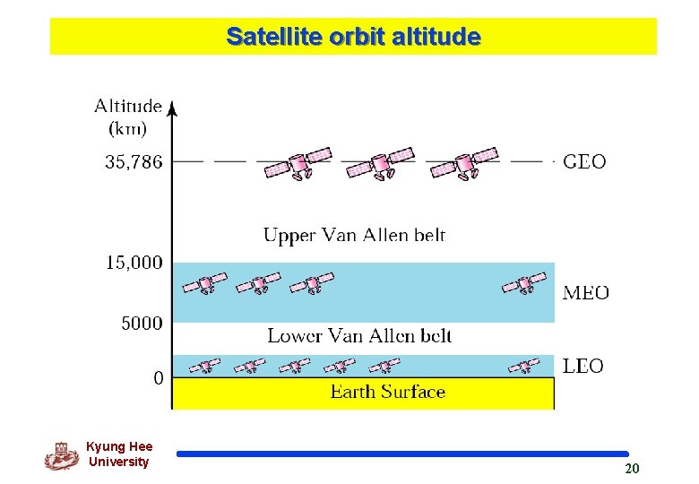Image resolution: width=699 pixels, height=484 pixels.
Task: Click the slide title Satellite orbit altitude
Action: pos(353,37)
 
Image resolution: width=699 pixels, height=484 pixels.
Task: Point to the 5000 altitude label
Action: pos(142,323)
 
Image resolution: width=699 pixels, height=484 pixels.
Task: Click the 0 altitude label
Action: pos(159,378)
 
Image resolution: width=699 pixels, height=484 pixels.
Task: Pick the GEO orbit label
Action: pos(584,162)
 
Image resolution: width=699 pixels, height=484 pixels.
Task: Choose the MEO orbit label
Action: pos(586,293)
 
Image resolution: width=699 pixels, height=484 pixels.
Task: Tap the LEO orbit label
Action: pos(583,366)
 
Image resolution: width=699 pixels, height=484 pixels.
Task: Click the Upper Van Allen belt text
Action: pos(354,236)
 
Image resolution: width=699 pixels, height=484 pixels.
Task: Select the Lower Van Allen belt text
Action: pos(359,336)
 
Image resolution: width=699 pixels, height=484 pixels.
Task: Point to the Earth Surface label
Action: pos(387,392)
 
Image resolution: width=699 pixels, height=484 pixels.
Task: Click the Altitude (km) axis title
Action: pos(128,117)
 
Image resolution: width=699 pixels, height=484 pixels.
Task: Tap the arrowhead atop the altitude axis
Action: pos(173,107)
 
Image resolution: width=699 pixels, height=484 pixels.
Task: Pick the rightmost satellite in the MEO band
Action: pos(524,284)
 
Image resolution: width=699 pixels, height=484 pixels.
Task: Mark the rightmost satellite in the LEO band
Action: pos(523,366)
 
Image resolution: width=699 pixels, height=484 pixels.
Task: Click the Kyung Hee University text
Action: pos(119,454)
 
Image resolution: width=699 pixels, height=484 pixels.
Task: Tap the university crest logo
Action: pos(61,456)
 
